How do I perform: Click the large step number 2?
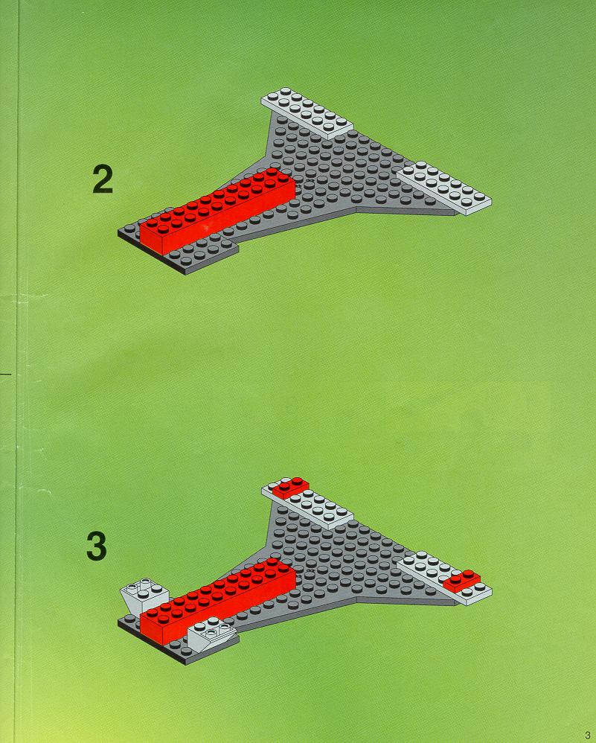(103, 179)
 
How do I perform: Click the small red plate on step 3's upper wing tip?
(290, 486)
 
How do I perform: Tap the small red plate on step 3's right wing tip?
(461, 579)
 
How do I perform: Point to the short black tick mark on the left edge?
(7, 370)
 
